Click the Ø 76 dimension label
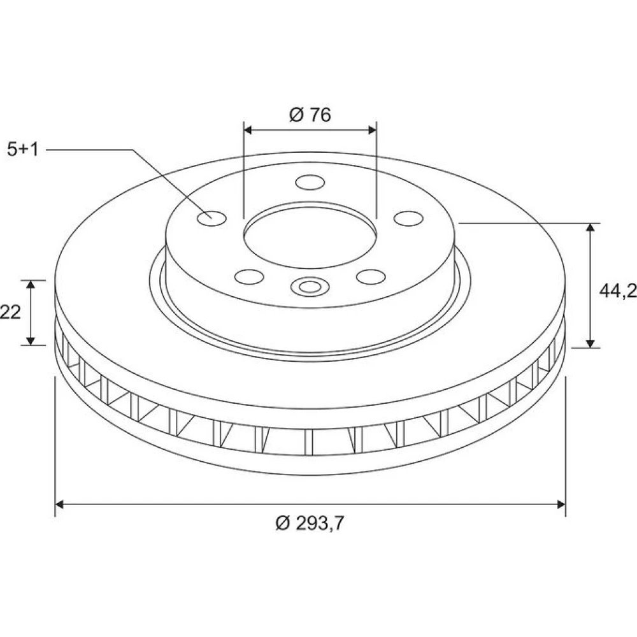(310, 115)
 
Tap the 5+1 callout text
(23, 150)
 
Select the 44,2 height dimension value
(618, 290)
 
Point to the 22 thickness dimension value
(10, 312)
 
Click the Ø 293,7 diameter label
(310, 523)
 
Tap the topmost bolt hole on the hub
(310, 182)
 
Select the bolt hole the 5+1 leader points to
(211, 218)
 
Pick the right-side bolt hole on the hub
(408, 218)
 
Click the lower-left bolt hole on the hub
(249, 276)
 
